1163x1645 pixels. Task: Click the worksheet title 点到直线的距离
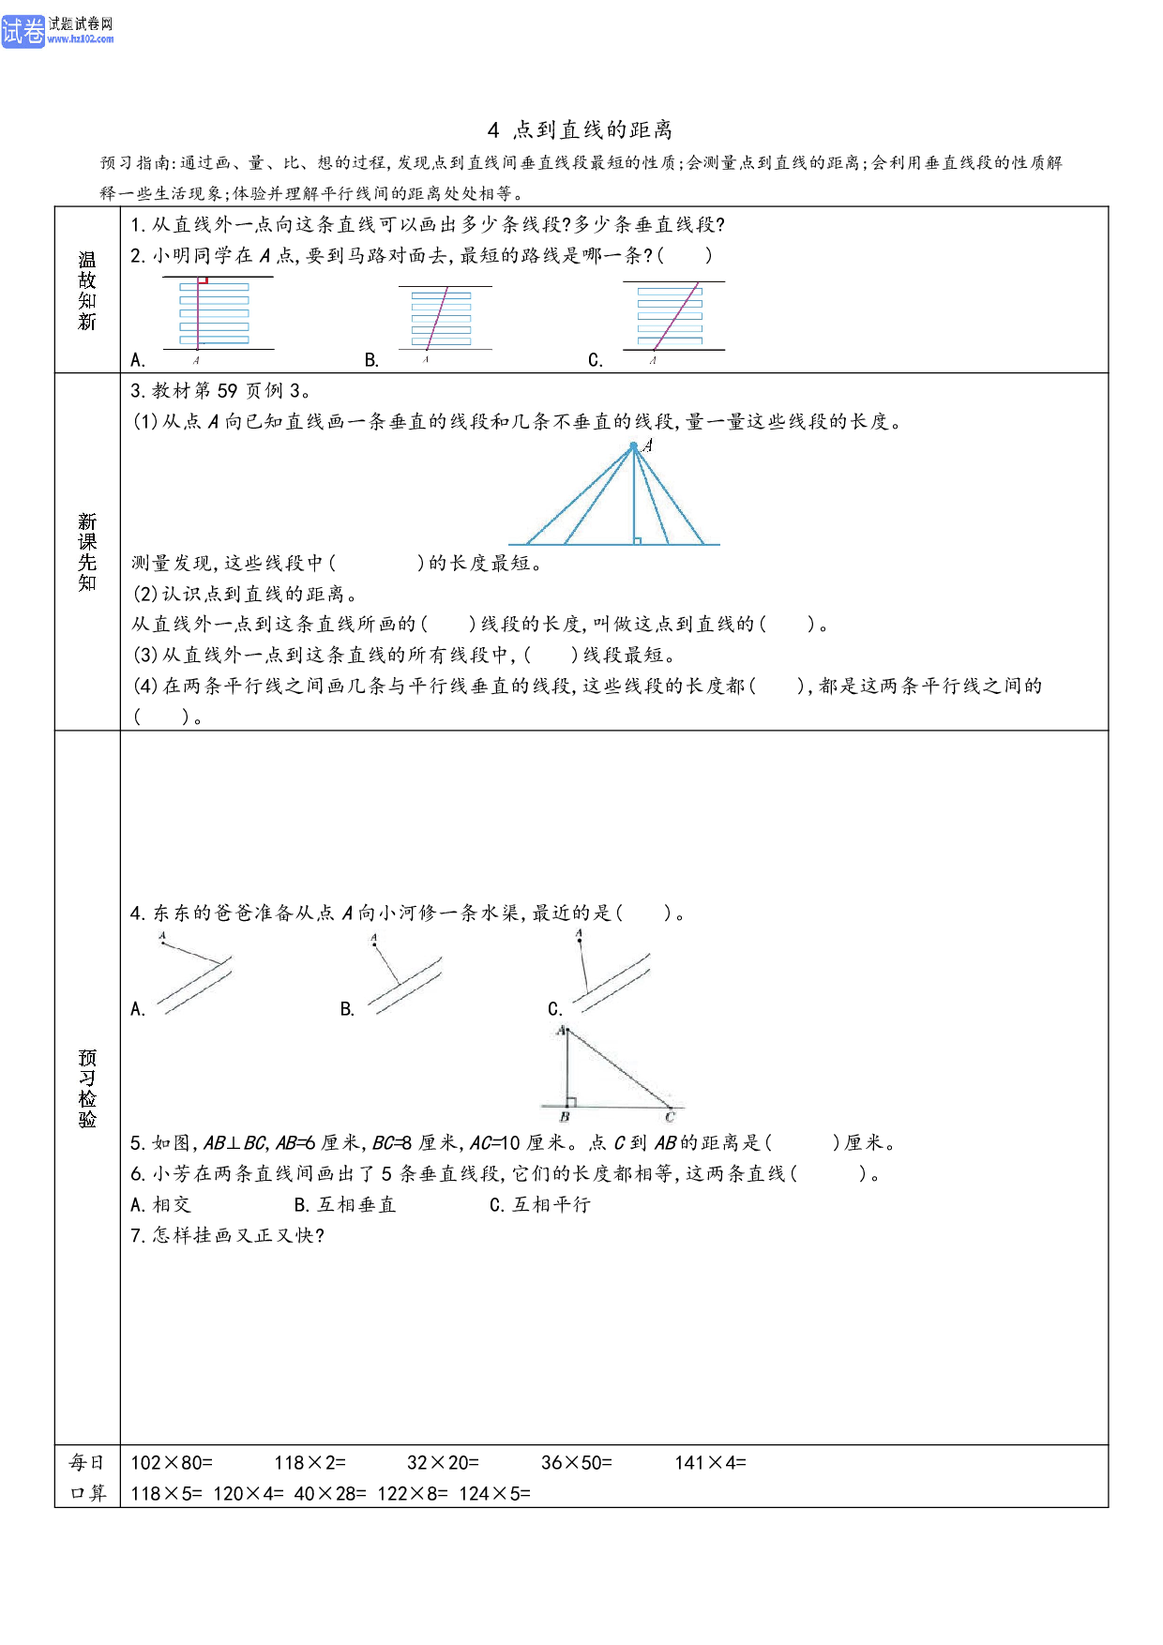pyautogui.click(x=592, y=129)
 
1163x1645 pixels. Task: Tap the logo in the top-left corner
pyautogui.click(x=57, y=30)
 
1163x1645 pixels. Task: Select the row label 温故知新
pyautogui.click(x=87, y=291)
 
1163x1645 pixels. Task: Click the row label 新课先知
pyautogui.click(x=87, y=551)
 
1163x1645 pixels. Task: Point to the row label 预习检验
pyautogui.click(x=87, y=1088)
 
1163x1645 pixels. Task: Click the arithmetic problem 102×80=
pyautogui.click(x=172, y=1462)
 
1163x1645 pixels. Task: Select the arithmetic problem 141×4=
pyautogui.click(x=710, y=1462)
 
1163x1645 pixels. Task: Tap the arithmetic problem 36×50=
pyautogui.click(x=576, y=1462)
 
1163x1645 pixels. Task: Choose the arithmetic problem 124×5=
pyautogui.click(x=494, y=1493)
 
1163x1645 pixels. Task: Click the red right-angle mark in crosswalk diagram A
pyautogui.click(x=203, y=279)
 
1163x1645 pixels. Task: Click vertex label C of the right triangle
pyautogui.click(x=670, y=1117)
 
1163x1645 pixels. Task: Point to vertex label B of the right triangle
pyautogui.click(x=565, y=1117)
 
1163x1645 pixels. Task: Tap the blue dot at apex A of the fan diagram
pyautogui.click(x=634, y=446)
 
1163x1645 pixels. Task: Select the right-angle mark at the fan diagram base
pyautogui.click(x=638, y=540)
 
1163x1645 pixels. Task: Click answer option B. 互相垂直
pyautogui.click(x=345, y=1204)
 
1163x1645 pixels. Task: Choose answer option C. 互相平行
pyautogui.click(x=540, y=1204)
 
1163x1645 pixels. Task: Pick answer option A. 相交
pyautogui.click(x=160, y=1204)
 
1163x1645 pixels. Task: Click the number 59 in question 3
pyautogui.click(x=228, y=390)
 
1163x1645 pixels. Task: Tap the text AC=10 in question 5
pyautogui.click(x=494, y=1142)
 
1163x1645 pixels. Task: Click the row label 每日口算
pyautogui.click(x=87, y=1477)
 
